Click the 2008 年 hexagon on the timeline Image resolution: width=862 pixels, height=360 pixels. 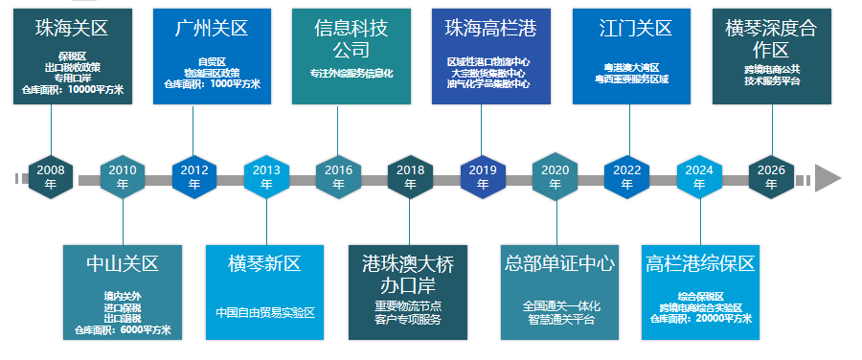tap(51, 177)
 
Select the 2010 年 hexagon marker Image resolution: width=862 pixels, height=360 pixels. tap(123, 177)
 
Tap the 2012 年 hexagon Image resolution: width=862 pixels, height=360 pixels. tap(194, 177)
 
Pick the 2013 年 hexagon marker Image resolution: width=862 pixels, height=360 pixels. tap(266, 177)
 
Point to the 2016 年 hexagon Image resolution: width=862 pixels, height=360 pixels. tap(338, 177)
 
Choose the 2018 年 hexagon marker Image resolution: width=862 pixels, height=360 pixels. tap(410, 177)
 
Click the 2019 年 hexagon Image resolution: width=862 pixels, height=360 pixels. tap(483, 177)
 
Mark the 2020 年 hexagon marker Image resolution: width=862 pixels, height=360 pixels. tap(556, 177)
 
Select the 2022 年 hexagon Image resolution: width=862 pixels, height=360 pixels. tap(627, 177)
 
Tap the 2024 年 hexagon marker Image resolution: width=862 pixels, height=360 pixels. tap(699, 177)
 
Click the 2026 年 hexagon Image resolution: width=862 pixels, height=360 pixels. tap(771, 177)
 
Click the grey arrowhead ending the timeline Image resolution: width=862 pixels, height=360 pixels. tap(827, 178)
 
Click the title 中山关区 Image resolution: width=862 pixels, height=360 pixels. tap(123, 263)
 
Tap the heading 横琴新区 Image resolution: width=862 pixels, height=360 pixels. tap(265, 263)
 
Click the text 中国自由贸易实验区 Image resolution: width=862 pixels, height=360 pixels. tap(265, 312)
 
